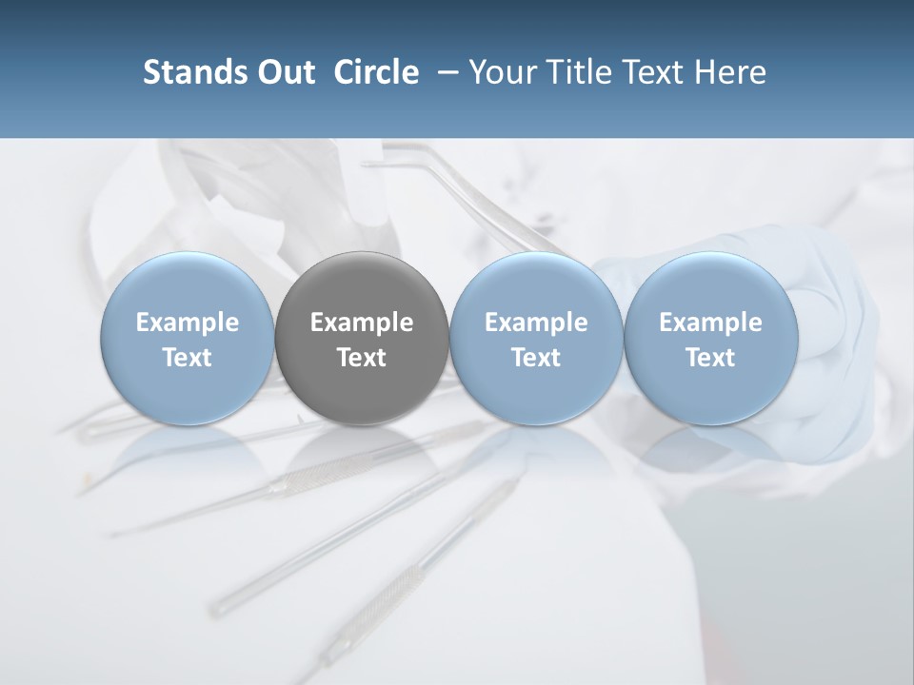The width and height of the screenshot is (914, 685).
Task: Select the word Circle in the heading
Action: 376,72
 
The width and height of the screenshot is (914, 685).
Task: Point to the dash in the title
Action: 445,72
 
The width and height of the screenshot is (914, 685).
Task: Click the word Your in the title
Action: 501,72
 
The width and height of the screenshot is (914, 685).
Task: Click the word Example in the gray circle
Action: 362,323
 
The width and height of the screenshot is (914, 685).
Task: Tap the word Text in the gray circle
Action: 362,358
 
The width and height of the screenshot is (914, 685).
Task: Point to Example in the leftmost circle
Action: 188,323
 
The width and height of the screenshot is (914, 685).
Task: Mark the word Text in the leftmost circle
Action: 188,358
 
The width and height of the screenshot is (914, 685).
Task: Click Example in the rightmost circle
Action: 711,323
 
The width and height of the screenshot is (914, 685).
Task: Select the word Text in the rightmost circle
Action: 711,358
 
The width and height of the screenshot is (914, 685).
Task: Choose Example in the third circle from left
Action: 536,323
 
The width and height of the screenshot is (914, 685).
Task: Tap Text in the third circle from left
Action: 536,358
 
